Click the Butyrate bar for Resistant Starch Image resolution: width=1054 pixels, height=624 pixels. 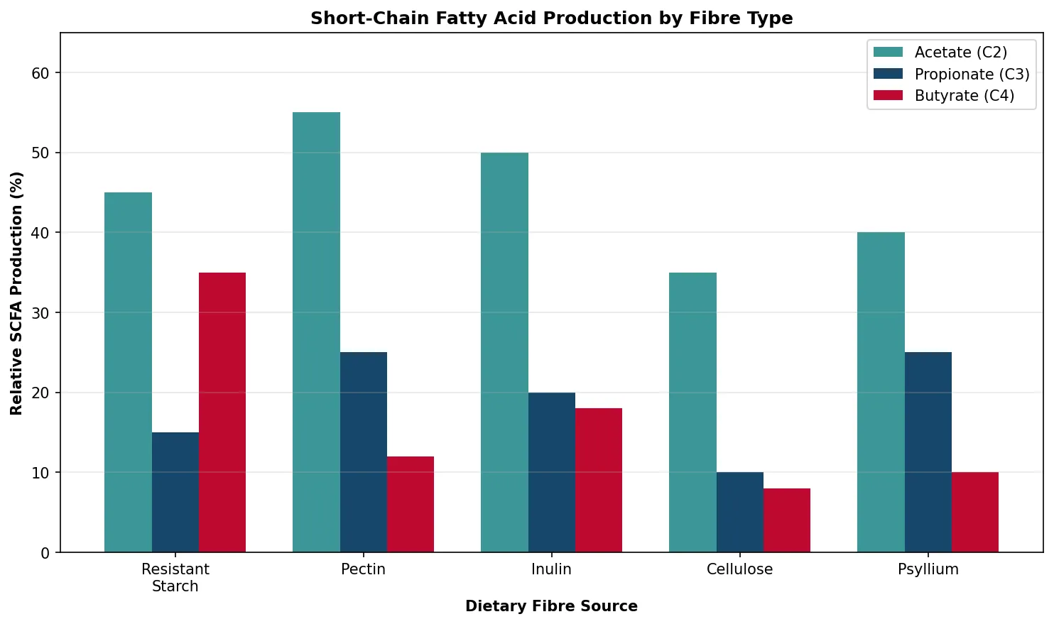click(222, 412)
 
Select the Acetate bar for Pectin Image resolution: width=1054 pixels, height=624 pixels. click(316, 332)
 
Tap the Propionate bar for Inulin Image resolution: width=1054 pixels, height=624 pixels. click(552, 472)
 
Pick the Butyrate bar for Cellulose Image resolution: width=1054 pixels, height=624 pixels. click(787, 520)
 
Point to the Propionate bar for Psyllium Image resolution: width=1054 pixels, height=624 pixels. click(928, 452)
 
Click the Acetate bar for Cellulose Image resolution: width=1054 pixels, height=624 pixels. click(692, 412)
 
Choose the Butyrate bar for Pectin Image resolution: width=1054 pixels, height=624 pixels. click(411, 504)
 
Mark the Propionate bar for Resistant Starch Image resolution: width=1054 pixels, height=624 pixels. click(175, 492)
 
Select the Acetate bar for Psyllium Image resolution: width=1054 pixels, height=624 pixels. click(881, 392)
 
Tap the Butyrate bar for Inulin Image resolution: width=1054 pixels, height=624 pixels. click(599, 480)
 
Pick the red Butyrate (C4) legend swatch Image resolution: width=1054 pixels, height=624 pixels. click(888, 96)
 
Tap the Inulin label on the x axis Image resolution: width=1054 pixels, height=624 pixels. click(552, 569)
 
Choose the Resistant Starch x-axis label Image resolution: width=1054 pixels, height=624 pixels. click(175, 578)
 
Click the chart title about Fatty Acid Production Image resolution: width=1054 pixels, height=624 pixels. click(552, 18)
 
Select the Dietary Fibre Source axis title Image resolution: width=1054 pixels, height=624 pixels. click(552, 606)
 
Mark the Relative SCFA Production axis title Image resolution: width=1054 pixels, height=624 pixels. click(16, 293)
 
